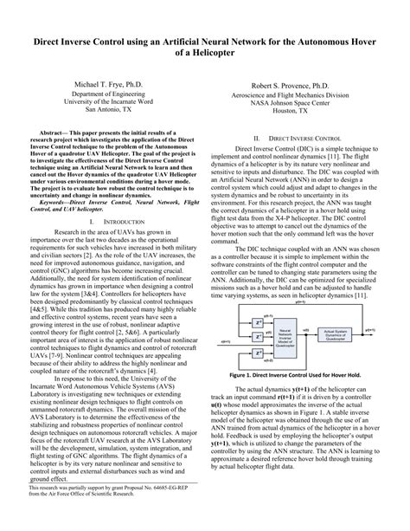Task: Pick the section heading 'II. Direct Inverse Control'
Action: (297, 139)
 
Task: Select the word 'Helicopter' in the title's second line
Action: (213, 55)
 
